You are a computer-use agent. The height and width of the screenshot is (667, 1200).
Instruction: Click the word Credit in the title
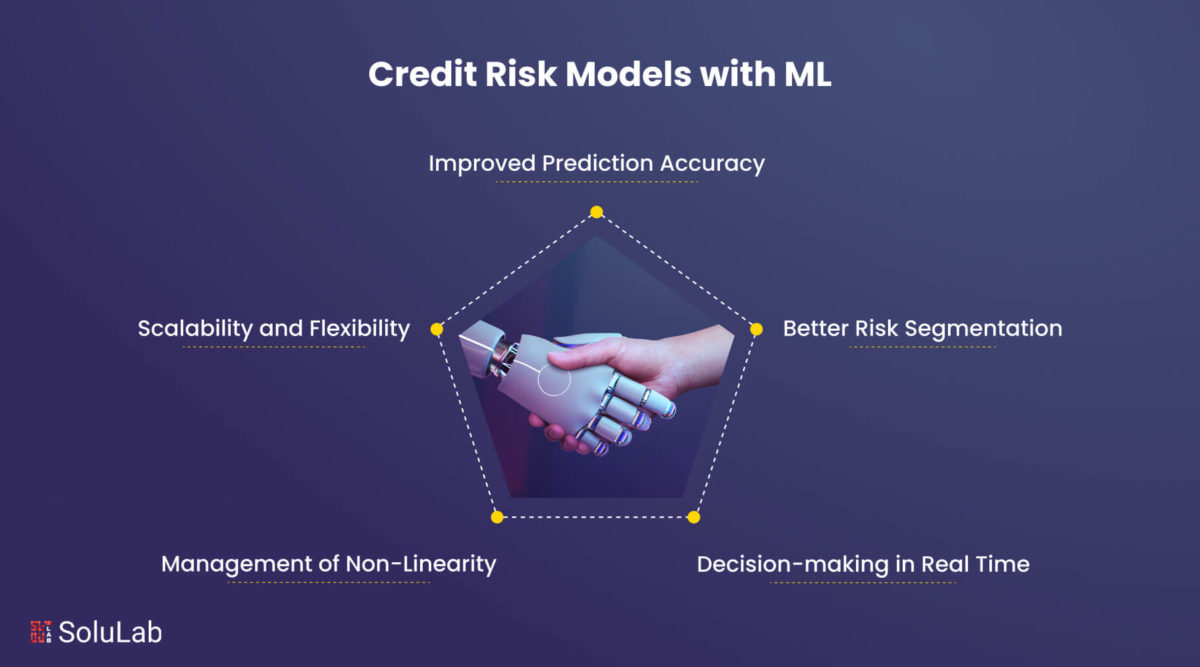pos(423,74)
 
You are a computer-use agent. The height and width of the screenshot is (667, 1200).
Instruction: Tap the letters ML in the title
pos(808,74)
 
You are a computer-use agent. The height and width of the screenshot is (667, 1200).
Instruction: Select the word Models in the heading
pos(628,74)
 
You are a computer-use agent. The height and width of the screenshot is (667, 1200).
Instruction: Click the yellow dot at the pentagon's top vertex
pos(596,212)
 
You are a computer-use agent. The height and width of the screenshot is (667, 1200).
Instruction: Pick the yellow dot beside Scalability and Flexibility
pos(437,329)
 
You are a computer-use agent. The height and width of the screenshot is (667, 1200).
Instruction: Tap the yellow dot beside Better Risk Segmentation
pos(756,329)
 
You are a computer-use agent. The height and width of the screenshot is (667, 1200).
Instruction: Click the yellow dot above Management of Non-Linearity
pos(497,517)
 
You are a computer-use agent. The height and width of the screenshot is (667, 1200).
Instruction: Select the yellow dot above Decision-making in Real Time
pos(694,517)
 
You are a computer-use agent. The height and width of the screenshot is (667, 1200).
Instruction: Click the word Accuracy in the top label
pos(712,164)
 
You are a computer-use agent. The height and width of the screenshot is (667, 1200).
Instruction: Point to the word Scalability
pos(193,329)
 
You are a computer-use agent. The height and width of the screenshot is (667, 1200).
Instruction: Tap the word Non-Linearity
pos(421,564)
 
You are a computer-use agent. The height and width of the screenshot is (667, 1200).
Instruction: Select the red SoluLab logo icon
pos(41,632)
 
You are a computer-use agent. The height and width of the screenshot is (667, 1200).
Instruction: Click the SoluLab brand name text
pos(110,632)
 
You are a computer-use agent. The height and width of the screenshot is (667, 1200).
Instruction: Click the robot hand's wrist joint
pos(504,356)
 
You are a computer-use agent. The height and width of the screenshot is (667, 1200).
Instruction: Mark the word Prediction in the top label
pos(597,163)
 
